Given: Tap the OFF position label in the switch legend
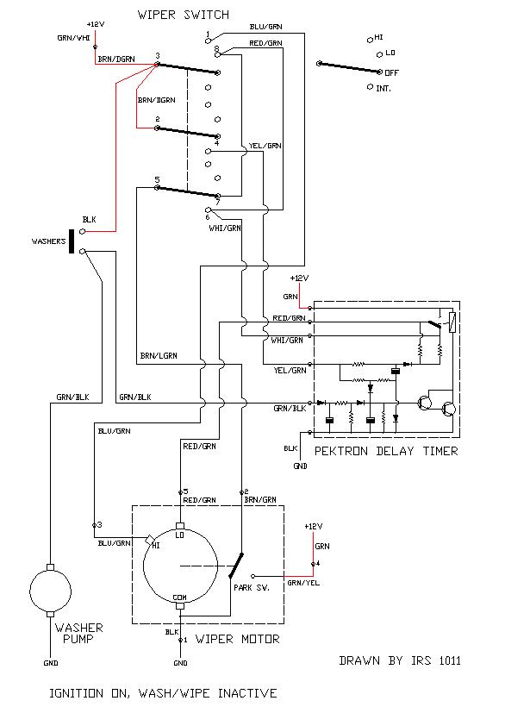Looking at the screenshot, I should pos(392,73).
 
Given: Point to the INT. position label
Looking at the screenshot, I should pos(386,88).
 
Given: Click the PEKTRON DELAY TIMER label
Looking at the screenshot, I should pos(386,451).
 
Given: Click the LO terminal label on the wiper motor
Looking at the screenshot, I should pos(181,536).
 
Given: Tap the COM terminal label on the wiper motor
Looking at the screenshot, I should pos(180,598).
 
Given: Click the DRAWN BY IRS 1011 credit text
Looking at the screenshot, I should pos(400,661).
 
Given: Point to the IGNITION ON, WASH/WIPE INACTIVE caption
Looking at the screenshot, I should pos(163,692).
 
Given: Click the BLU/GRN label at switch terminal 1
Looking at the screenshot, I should pos(265,28).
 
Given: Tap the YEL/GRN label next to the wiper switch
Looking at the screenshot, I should pos(265,146).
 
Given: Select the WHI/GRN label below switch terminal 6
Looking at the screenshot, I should pos(226,229).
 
